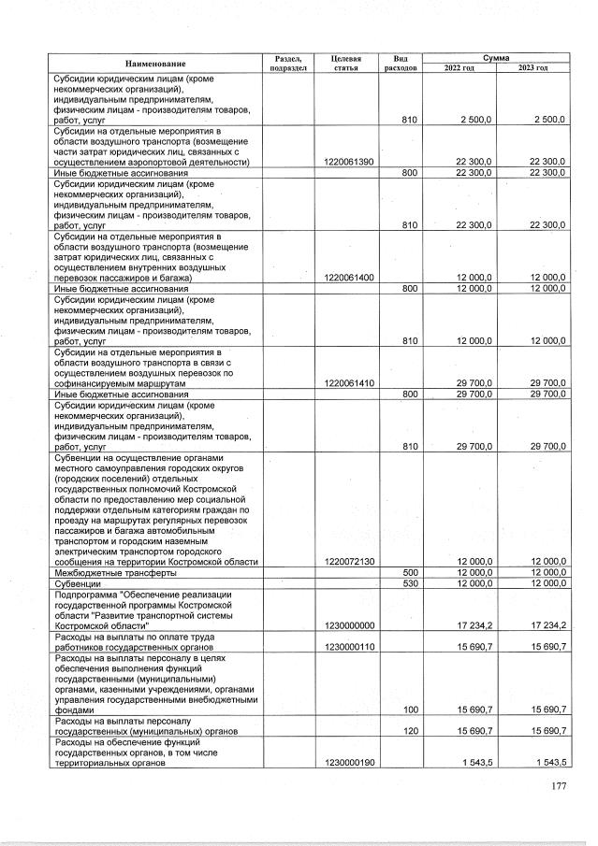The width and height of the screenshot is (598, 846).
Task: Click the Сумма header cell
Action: coord(495,58)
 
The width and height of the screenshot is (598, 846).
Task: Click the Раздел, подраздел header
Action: coord(287,64)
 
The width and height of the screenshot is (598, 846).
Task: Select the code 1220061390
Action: coord(348,162)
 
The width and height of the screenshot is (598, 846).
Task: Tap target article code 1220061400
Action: coord(348,278)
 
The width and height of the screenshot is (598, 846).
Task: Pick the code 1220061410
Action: coord(348,382)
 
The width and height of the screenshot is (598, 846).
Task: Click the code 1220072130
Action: coord(348,561)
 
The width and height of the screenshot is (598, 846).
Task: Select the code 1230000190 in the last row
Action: coord(348,763)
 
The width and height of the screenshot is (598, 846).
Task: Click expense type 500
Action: coord(409,572)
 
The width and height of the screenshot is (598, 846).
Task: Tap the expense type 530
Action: coord(409,582)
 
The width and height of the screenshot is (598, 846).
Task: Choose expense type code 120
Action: coord(409,730)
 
